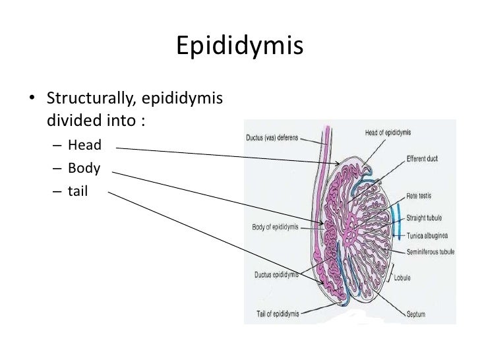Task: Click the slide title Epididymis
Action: tap(239, 47)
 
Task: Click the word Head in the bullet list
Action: tap(84, 145)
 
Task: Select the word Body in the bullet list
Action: tap(84, 168)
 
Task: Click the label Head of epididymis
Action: tap(388, 133)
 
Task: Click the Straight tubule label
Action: tap(424, 217)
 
